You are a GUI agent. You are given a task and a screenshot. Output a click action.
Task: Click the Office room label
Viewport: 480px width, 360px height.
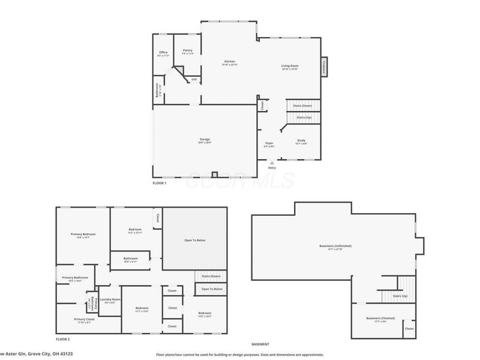tap(163, 53)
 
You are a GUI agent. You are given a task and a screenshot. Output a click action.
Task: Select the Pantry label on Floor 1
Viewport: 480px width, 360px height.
tap(187, 51)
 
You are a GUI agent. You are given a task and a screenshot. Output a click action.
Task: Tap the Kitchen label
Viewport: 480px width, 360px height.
tap(229, 62)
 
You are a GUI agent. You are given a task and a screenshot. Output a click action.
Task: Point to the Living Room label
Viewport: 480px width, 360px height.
tap(290, 66)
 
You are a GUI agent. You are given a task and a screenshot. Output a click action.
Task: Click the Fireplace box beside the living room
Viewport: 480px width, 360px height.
tap(325, 67)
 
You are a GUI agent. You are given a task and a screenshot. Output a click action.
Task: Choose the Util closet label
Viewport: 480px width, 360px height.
tap(194, 79)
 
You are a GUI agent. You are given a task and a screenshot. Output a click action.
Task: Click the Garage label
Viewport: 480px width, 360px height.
tap(205, 140)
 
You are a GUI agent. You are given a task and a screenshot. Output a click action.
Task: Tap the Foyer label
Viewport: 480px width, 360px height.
tap(269, 143)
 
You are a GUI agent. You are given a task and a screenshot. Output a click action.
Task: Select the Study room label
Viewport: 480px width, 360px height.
tap(301, 142)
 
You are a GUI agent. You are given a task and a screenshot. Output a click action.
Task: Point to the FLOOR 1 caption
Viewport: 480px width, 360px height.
tap(160, 182)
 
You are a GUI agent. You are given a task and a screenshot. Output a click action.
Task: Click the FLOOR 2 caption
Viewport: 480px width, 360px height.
tap(63, 339)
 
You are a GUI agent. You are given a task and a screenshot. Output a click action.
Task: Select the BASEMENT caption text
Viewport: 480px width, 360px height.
tap(260, 344)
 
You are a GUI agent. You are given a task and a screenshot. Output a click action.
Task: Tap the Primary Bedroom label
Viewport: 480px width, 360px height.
tap(83, 235)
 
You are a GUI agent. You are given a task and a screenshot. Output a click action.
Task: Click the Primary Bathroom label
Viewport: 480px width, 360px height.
tap(75, 277)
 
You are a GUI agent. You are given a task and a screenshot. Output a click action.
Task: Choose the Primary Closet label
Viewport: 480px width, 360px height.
tap(84, 319)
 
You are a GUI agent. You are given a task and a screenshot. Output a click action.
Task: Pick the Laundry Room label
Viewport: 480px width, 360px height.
tap(110, 299)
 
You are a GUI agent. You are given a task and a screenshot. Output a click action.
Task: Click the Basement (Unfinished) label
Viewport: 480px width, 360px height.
tap(335, 246)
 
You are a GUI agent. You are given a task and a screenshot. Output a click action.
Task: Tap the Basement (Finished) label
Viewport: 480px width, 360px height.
tap(381, 318)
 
